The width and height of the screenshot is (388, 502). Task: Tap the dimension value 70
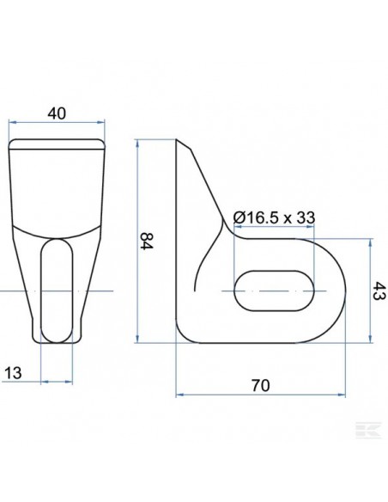(x=262, y=385)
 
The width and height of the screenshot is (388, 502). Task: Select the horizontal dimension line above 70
(x=262, y=396)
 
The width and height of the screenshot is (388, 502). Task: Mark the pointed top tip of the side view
(x=178, y=139)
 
